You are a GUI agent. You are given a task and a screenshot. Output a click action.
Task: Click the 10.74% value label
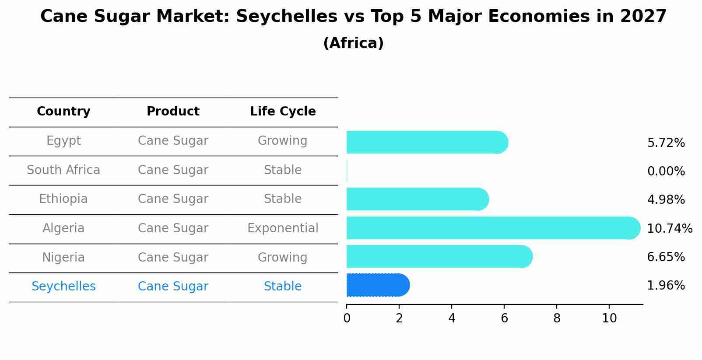[669, 228]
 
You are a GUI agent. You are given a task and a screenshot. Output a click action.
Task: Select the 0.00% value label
[666, 171]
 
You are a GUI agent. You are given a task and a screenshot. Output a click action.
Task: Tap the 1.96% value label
[666, 286]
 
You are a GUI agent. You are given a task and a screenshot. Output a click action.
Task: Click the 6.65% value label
[666, 257]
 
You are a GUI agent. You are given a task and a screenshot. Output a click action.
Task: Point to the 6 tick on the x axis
[504, 318]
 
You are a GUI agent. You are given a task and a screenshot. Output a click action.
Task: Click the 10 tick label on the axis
[609, 318]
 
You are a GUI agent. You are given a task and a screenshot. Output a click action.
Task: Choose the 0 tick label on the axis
[347, 318]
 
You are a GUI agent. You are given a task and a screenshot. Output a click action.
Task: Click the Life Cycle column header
[283, 112]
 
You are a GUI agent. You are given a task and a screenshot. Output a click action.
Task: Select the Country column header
[63, 112]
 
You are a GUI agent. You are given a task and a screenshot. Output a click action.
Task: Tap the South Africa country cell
[63, 170]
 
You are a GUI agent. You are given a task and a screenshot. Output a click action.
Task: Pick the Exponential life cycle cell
[283, 228]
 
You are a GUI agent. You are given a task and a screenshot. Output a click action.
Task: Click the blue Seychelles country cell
[63, 287]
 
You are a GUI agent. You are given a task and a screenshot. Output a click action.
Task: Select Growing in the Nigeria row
[283, 257]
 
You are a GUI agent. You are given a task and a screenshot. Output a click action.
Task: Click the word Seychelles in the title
[287, 17]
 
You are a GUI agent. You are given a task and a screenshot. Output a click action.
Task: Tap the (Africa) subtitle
[353, 43]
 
